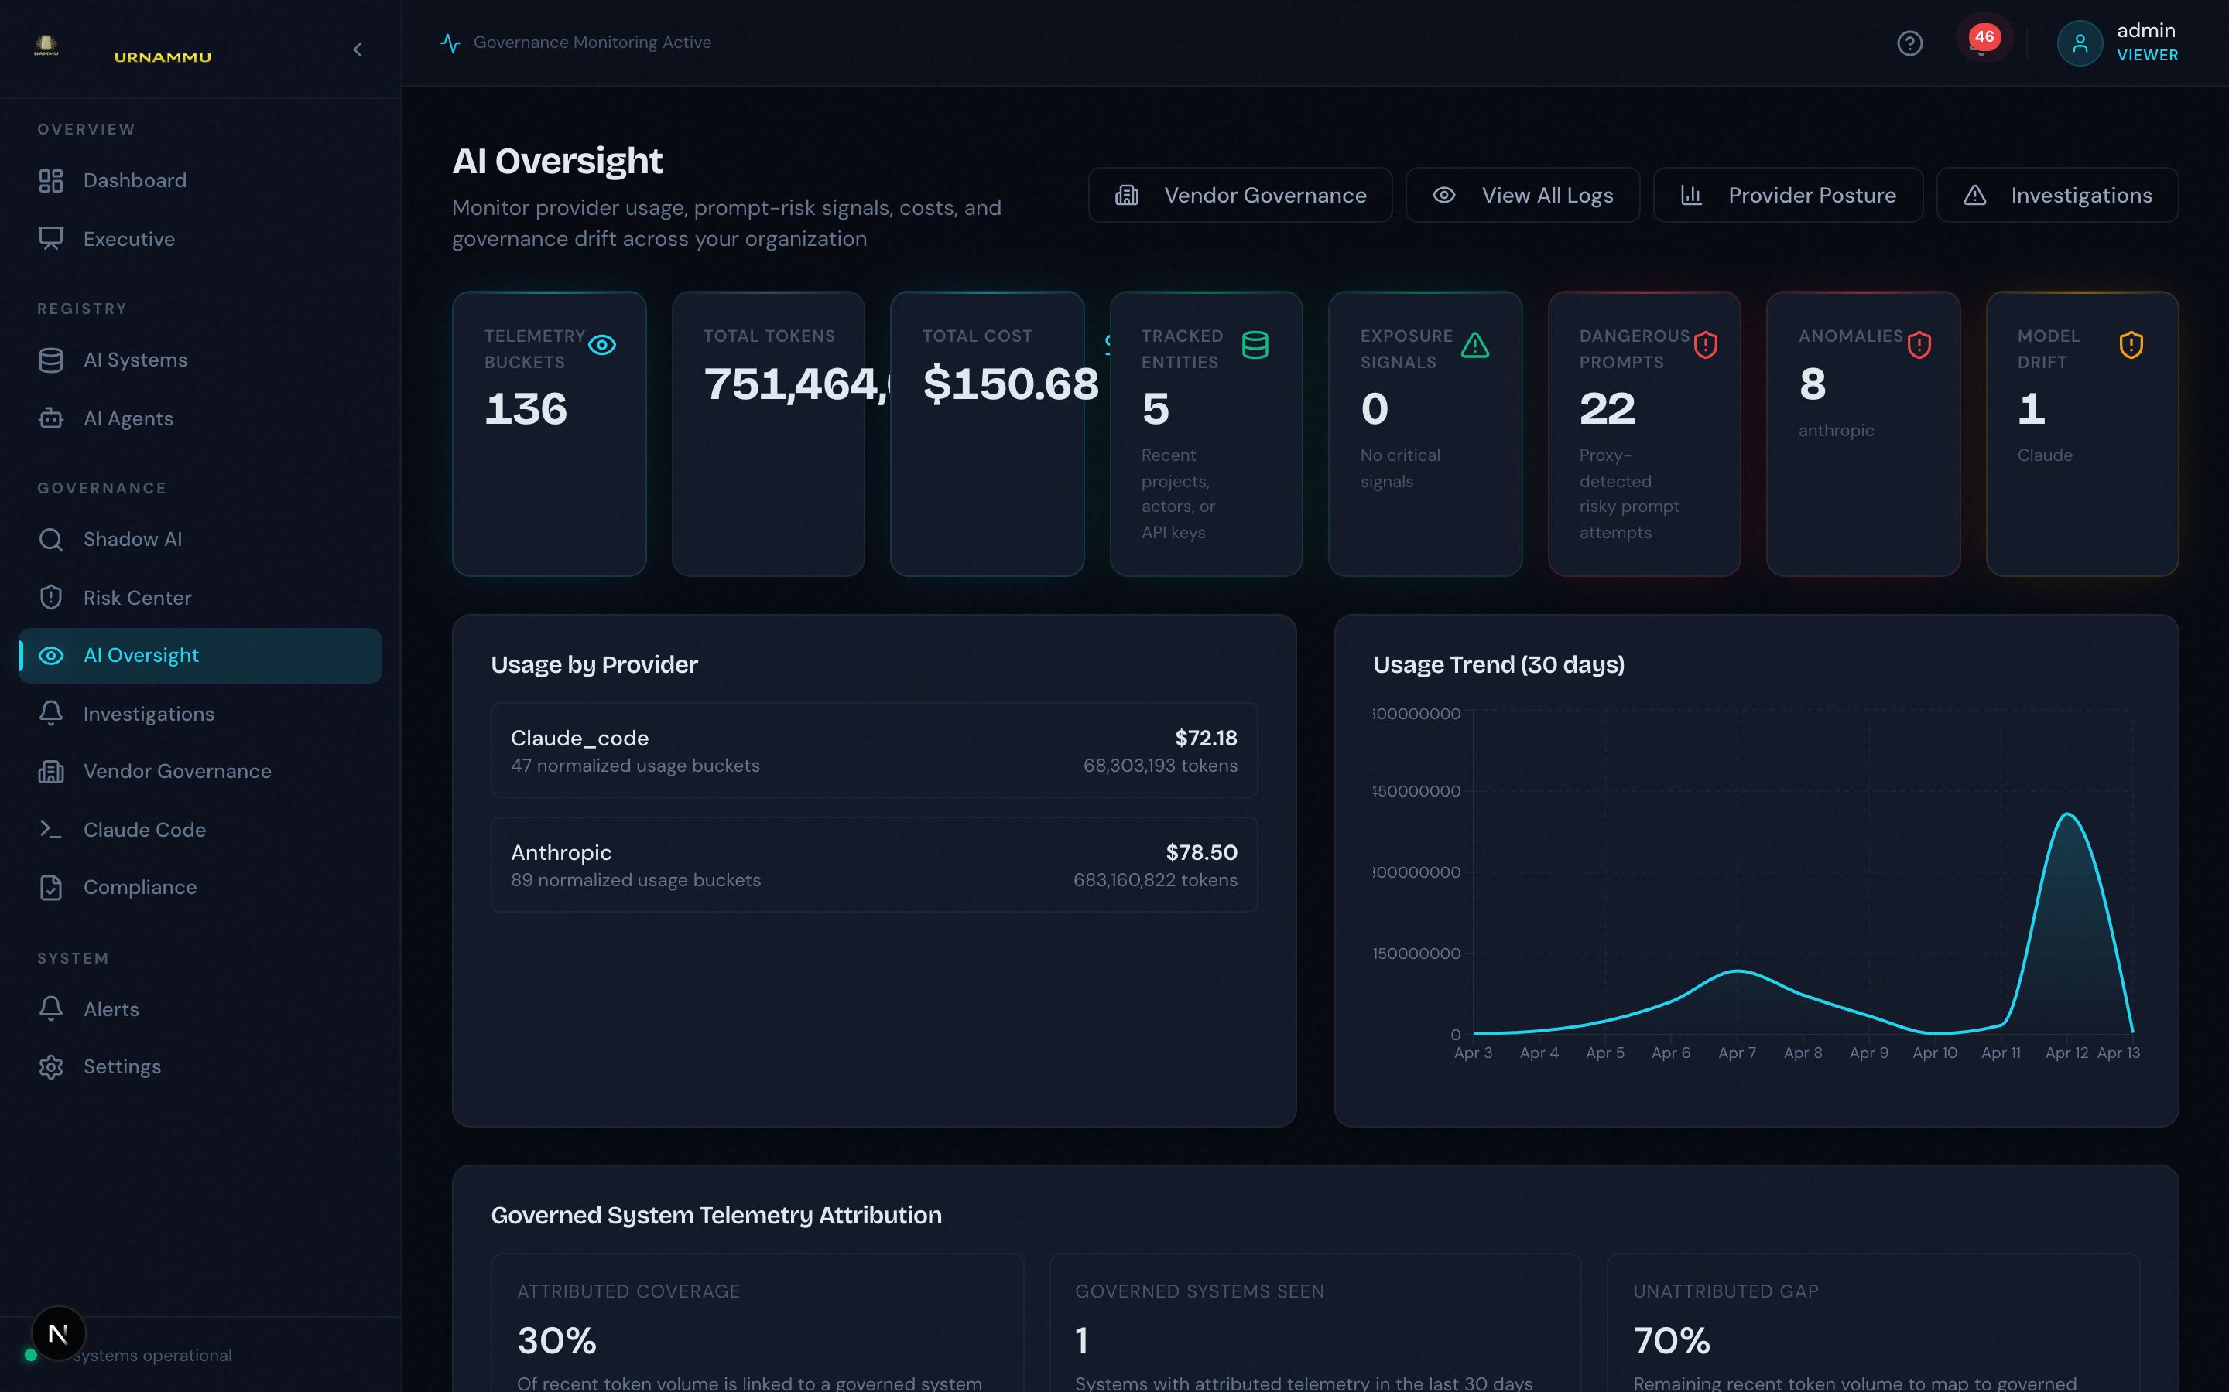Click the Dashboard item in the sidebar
click(135, 180)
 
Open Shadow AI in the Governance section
click(132, 540)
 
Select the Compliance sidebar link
click(139, 888)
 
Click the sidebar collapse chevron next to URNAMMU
click(358, 49)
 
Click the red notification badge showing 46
click(1983, 38)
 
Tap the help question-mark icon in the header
click(1909, 43)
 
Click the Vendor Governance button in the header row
click(1240, 195)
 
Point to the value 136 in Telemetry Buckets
click(526, 409)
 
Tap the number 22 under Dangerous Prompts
click(1608, 409)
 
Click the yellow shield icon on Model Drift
click(2131, 345)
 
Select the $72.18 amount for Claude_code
click(1206, 739)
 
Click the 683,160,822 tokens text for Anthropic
click(1155, 880)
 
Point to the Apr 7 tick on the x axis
click(1737, 1053)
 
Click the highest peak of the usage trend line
click(2067, 815)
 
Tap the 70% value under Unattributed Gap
click(1672, 1340)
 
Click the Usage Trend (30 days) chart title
click(1498, 665)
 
